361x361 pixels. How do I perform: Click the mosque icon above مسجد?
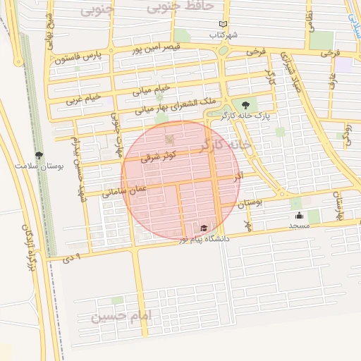click(x=300, y=215)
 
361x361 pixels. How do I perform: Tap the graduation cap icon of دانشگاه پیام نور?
click(x=204, y=228)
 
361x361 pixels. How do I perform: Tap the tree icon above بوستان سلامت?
click(x=39, y=155)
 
